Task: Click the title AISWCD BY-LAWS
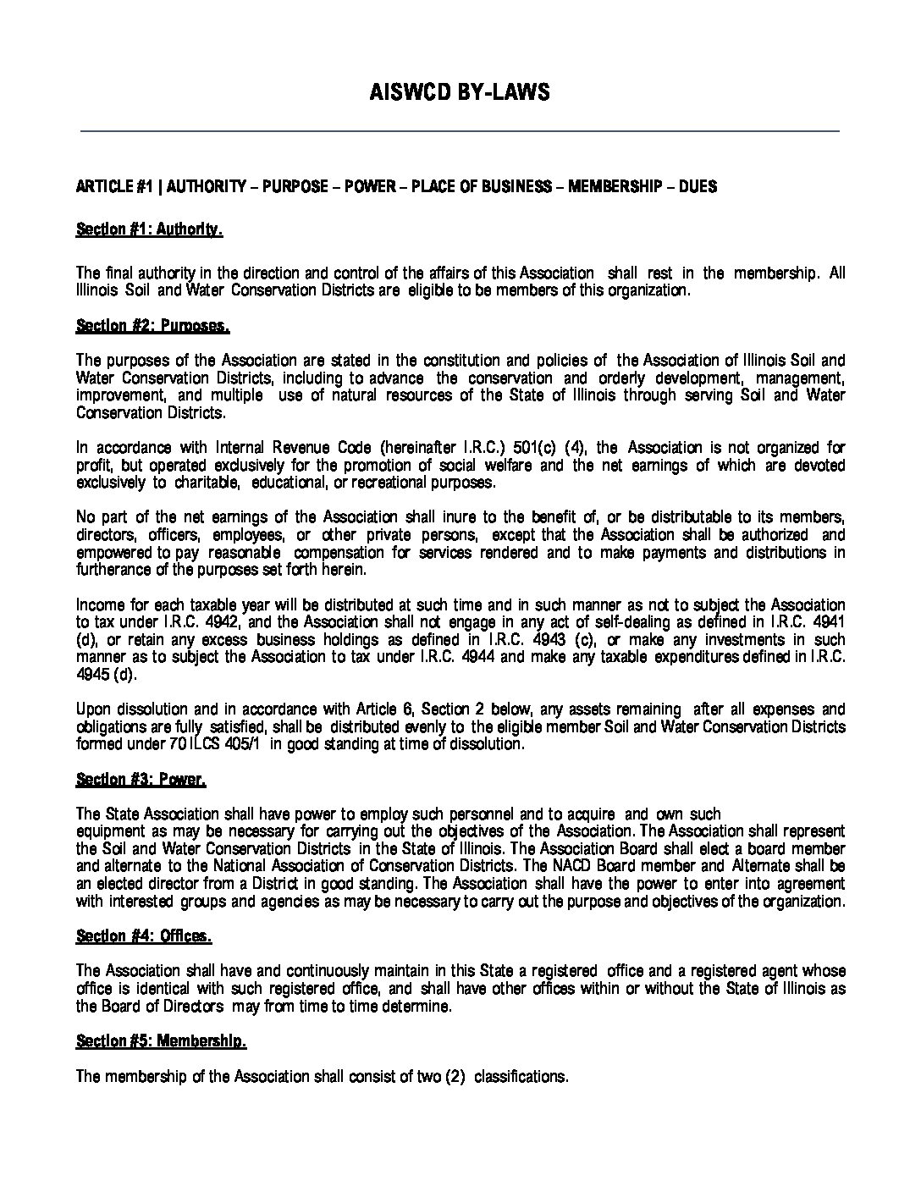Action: (460, 92)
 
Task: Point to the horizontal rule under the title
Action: (460, 131)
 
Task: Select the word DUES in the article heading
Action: (698, 186)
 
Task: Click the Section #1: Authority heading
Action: (149, 229)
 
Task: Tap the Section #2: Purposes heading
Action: (152, 325)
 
